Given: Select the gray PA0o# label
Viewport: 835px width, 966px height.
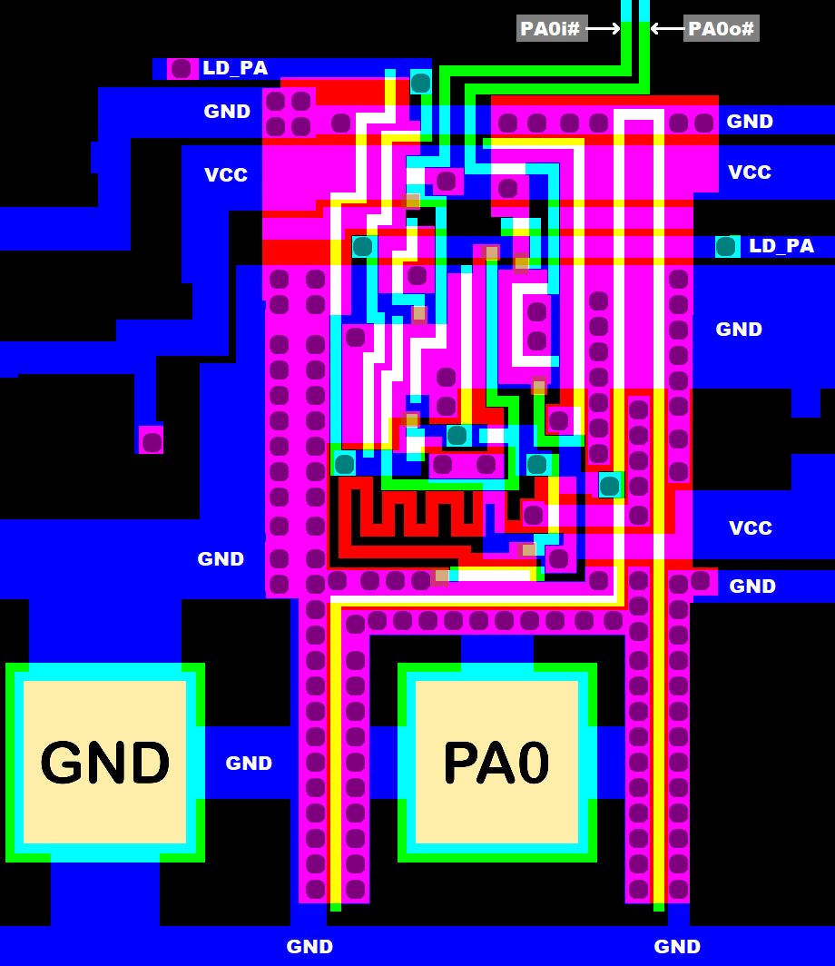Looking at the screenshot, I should click(721, 28).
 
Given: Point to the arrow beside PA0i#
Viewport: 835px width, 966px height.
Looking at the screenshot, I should click(604, 28).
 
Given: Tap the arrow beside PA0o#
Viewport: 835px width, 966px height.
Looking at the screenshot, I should click(666, 28).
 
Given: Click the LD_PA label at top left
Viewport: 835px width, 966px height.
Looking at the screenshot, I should click(235, 68).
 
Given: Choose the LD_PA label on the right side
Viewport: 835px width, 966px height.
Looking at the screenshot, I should click(781, 246).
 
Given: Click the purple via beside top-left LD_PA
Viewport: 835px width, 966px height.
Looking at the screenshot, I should click(182, 68).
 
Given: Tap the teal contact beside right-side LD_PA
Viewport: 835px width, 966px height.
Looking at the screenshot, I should click(725, 246).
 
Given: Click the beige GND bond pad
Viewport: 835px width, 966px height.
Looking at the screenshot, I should click(104, 762).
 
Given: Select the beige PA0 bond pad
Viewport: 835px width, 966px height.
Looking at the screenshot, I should click(496, 762).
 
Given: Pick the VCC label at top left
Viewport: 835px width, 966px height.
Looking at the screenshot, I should click(226, 175).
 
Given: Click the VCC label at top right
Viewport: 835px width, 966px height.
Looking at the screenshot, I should click(750, 172).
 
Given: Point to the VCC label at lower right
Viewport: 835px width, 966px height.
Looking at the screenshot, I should click(751, 528).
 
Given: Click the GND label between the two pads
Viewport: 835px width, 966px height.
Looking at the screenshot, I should click(249, 764).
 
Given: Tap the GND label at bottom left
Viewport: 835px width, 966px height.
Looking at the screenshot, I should click(309, 947).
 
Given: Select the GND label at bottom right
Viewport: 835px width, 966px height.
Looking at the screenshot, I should click(677, 947).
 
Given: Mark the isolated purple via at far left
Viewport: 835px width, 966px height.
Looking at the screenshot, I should click(152, 442).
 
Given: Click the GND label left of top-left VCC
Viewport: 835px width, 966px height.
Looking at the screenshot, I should click(227, 112).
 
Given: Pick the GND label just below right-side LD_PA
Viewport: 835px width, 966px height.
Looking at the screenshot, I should click(739, 330).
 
